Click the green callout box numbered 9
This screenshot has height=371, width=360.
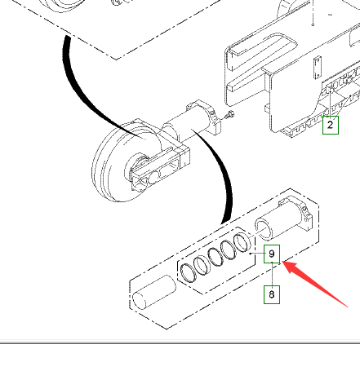pyautogui.click(x=272, y=254)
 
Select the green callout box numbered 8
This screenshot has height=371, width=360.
pyautogui.click(x=272, y=294)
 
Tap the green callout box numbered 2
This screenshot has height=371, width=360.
pyautogui.click(x=331, y=125)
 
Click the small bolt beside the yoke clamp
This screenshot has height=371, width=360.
pyautogui.click(x=230, y=115)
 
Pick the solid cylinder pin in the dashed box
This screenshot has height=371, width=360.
pyautogui.click(x=154, y=293)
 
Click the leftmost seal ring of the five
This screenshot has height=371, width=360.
pyautogui.click(x=189, y=273)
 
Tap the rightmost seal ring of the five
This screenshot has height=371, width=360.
pyautogui.click(x=242, y=242)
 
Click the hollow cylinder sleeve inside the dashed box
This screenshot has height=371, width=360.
pyautogui.click(x=283, y=220)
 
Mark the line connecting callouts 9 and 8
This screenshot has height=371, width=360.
pyautogui.click(x=272, y=274)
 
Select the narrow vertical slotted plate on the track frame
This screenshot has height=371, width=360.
pyautogui.click(x=318, y=68)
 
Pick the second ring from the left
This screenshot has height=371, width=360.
pyautogui.click(x=202, y=266)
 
